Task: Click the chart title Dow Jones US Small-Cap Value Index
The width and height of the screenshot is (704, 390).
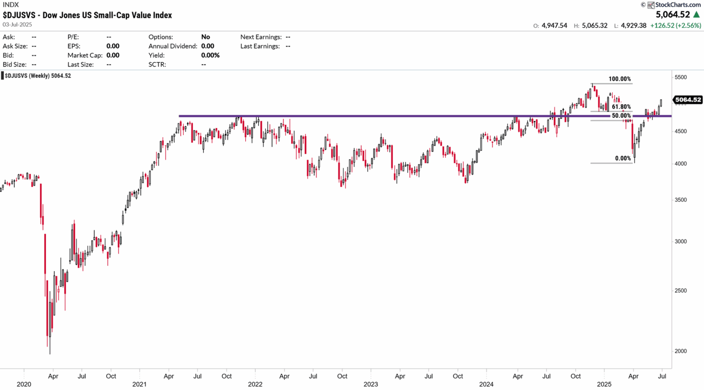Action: click(87, 15)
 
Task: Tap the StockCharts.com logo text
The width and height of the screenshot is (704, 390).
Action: click(677, 5)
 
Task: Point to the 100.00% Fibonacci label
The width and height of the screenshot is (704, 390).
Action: click(619, 79)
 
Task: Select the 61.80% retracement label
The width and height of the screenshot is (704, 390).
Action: click(621, 107)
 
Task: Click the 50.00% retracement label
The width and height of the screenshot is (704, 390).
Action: click(621, 116)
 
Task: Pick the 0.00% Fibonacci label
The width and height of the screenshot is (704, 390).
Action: click(623, 158)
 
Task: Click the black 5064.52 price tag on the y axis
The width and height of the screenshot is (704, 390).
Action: click(688, 100)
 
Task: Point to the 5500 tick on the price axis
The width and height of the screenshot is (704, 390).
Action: click(681, 78)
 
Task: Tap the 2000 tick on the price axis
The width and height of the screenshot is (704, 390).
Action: click(681, 351)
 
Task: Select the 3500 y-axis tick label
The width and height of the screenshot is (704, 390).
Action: click(681, 200)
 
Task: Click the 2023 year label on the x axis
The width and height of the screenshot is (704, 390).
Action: click(370, 384)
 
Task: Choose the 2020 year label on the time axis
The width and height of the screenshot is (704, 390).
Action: click(24, 384)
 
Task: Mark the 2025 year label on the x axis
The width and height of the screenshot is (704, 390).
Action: click(604, 384)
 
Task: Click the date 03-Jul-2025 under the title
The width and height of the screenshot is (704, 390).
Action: click(17, 24)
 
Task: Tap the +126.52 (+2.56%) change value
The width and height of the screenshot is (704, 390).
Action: click(675, 26)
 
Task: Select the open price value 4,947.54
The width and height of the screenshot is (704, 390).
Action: click(554, 26)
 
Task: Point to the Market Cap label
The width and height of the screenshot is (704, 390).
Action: click(85, 55)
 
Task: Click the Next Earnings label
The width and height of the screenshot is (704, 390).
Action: click(261, 37)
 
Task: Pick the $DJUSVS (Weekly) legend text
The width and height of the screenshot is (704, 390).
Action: click(38, 76)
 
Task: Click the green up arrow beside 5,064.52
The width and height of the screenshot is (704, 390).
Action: click(697, 15)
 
